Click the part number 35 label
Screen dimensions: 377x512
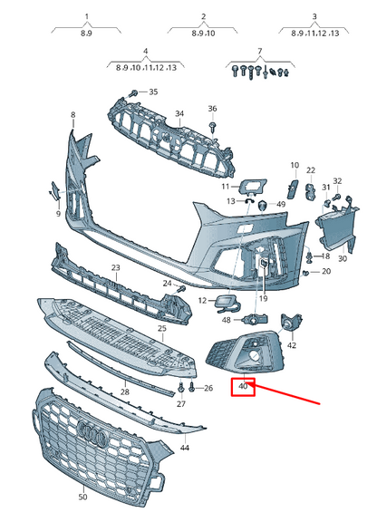(x=153, y=92)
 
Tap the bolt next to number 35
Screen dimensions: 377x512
(x=134, y=93)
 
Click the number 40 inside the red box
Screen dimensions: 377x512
(x=243, y=386)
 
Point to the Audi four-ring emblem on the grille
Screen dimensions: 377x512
(x=92, y=431)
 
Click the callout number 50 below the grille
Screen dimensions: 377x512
(x=83, y=497)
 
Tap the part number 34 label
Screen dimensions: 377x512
(x=179, y=113)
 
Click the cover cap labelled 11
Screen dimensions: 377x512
(x=253, y=186)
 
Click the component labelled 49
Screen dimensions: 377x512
(x=264, y=206)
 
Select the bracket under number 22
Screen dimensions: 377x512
(x=311, y=191)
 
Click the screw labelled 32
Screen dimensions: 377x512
(x=336, y=197)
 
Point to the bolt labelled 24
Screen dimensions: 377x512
(x=181, y=289)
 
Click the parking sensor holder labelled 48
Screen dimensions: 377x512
(x=255, y=319)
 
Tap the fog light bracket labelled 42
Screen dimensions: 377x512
(x=291, y=322)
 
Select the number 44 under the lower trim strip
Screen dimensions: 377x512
(x=185, y=448)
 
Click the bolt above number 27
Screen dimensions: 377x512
(x=180, y=388)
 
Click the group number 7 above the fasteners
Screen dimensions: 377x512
(x=260, y=52)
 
